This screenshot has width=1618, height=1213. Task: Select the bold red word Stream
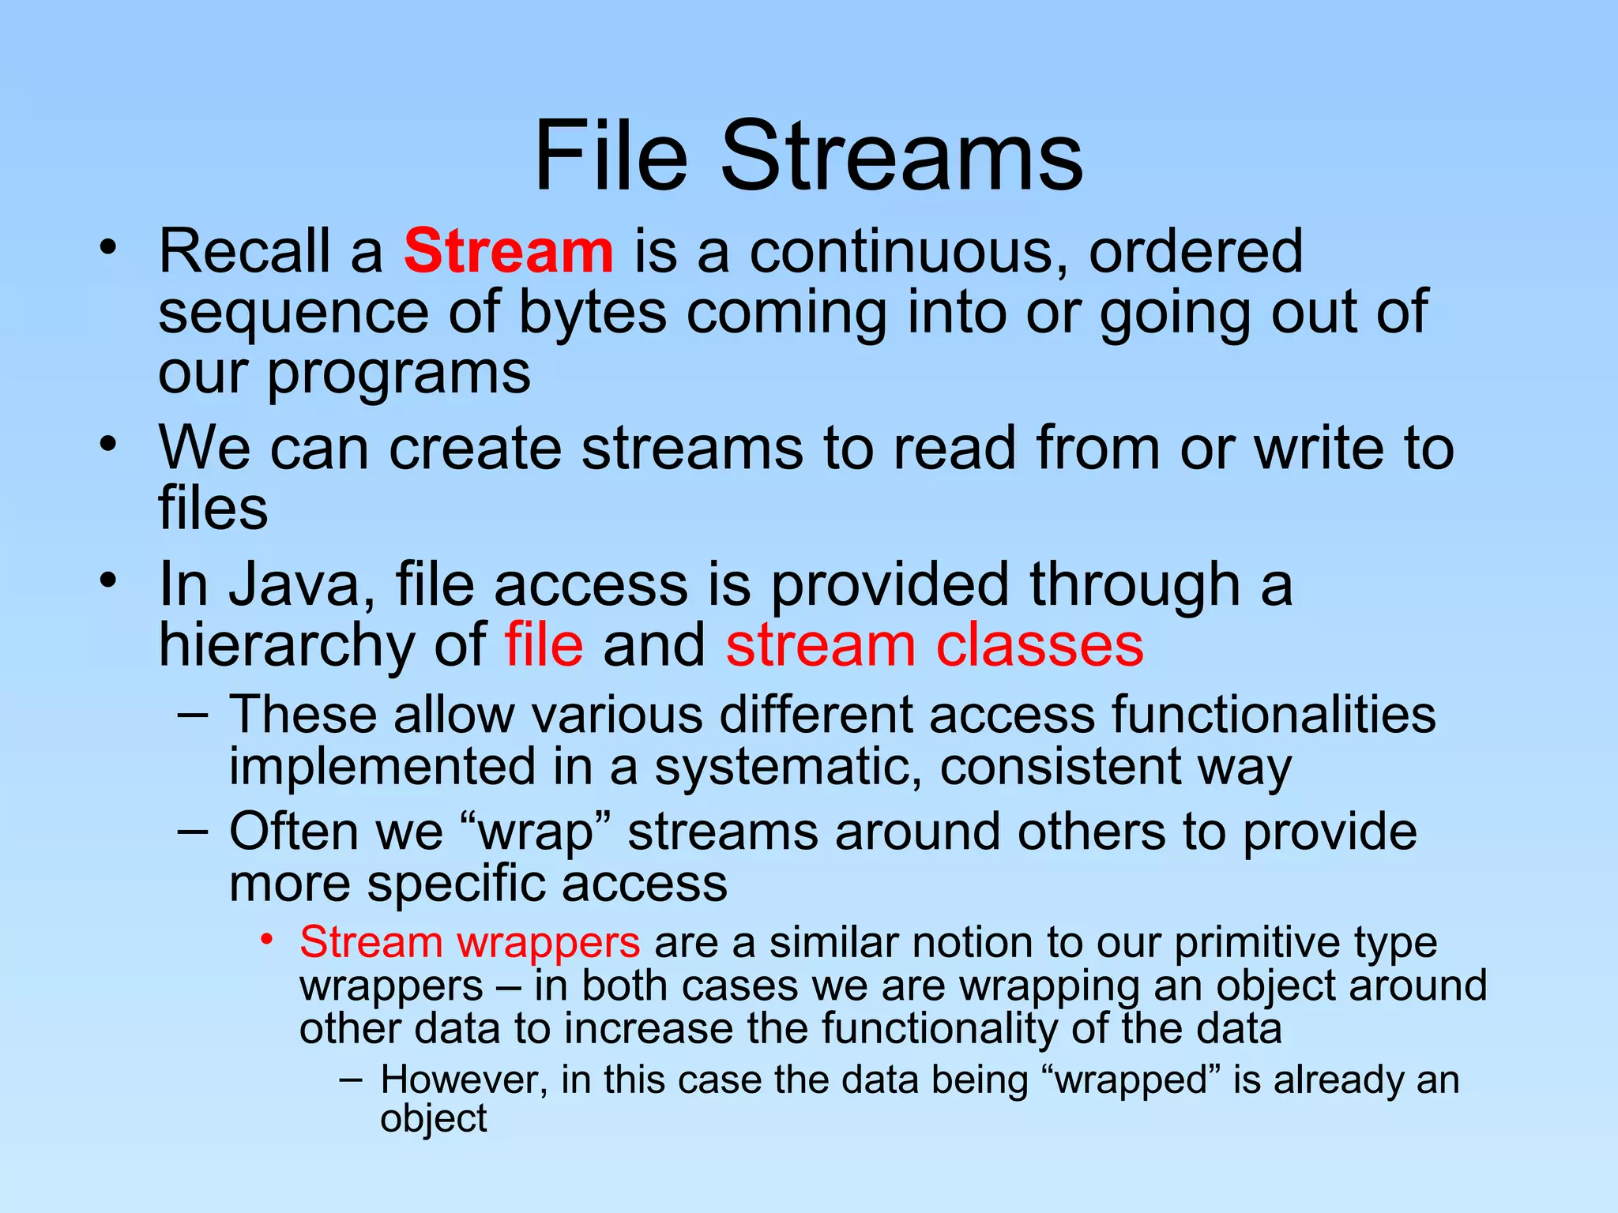(508, 251)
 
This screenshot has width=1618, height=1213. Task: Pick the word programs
(399, 373)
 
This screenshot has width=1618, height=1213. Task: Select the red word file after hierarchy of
(544, 644)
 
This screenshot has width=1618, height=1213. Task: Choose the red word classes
(1040, 644)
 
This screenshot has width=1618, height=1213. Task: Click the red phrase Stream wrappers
(470, 943)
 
